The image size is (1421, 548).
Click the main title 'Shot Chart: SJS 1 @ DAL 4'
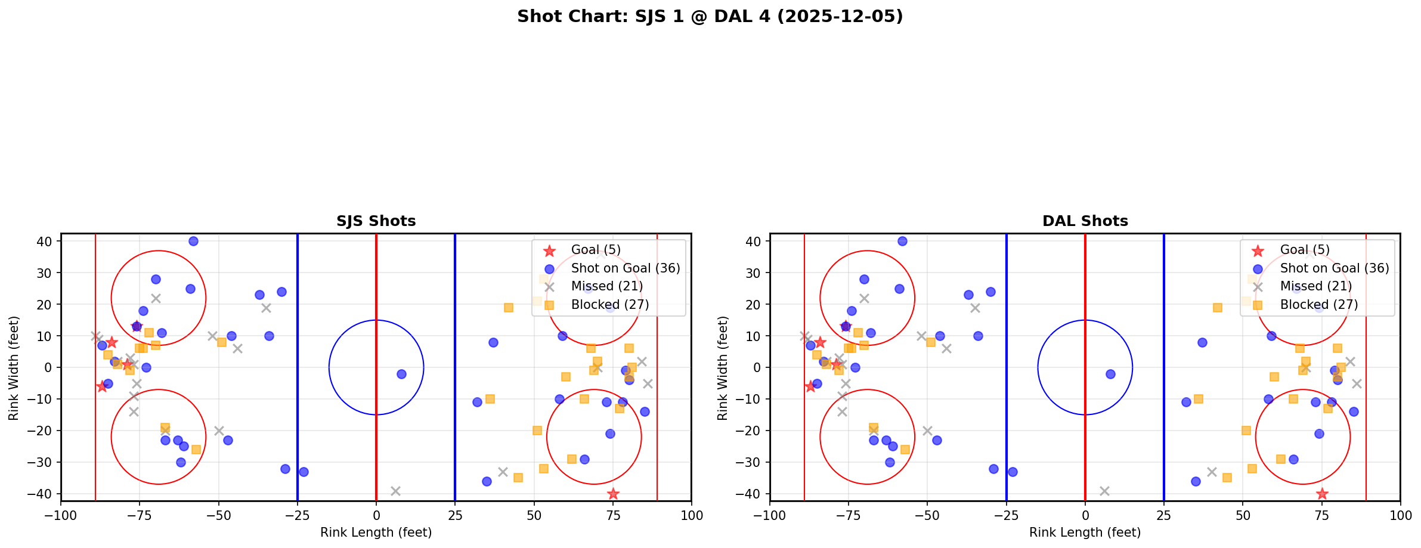point(710,17)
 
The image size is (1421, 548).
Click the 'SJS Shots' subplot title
point(376,221)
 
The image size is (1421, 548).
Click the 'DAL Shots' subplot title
point(1085,221)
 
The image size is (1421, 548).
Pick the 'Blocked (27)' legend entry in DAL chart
point(1318,305)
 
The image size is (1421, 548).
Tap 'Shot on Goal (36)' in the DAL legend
point(1334,268)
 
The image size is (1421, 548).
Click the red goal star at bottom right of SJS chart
point(613,494)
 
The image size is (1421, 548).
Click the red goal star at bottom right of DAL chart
point(1322,494)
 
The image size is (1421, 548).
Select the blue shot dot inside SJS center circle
point(401,374)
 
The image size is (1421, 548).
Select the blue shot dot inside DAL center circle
point(1110,374)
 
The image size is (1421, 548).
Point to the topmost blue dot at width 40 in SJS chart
point(193,241)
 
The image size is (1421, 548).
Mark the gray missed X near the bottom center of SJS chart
point(395,491)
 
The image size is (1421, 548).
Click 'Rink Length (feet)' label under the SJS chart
point(376,532)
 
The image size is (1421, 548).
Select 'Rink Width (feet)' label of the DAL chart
point(722,367)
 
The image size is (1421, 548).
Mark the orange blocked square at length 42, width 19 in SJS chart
point(509,308)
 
